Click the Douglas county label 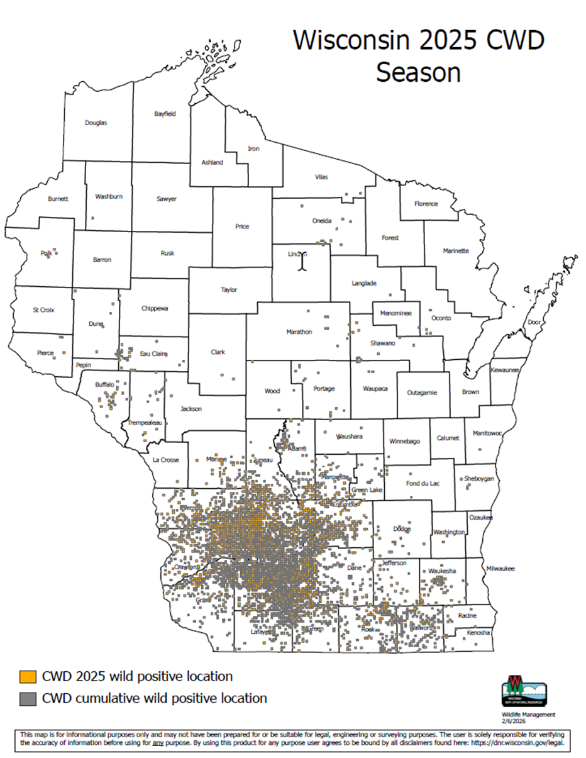pos(96,123)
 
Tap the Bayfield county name pos(165,114)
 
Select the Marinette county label pos(456,250)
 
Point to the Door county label pos(534,322)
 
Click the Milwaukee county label pos(500,569)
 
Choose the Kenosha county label pos(478,632)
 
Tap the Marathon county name pos(299,332)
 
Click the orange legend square pos(27,677)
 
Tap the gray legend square pos(27,698)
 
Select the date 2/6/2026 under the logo pos(514,722)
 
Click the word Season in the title pos(418,72)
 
